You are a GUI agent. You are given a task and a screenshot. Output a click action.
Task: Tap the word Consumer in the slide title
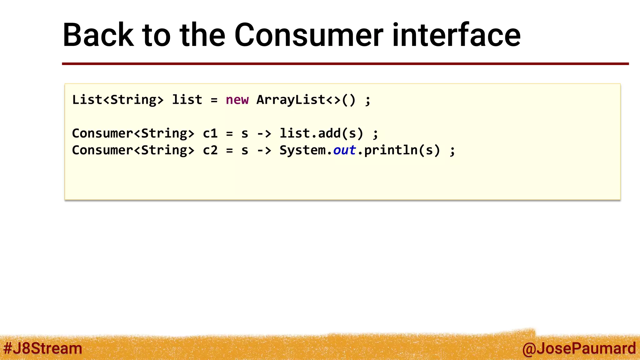pyautogui.click(x=308, y=35)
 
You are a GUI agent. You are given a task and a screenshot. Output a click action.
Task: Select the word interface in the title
pyautogui.click(x=456, y=35)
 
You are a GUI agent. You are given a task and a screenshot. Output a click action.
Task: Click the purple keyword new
pyautogui.click(x=237, y=100)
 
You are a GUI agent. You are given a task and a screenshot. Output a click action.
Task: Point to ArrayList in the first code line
pyautogui.click(x=291, y=100)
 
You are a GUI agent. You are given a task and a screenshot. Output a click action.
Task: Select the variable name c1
pyautogui.click(x=210, y=133)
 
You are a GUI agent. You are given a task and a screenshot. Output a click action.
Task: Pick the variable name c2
pyautogui.click(x=210, y=150)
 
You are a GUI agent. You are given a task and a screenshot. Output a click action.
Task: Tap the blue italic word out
pyautogui.click(x=344, y=150)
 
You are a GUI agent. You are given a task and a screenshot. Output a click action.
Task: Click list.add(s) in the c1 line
pyautogui.click(x=321, y=133)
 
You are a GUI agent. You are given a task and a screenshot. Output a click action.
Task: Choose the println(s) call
pyautogui.click(x=402, y=150)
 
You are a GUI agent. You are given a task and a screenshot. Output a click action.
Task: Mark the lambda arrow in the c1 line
pyautogui.click(x=264, y=134)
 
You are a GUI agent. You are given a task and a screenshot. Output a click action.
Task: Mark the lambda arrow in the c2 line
pyautogui.click(x=264, y=151)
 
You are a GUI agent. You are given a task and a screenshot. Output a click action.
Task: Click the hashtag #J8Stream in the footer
pyautogui.click(x=43, y=348)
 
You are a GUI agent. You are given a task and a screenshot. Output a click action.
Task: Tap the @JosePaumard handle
pyautogui.click(x=579, y=348)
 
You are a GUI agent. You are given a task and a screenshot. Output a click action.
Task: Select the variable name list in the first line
pyautogui.click(x=187, y=100)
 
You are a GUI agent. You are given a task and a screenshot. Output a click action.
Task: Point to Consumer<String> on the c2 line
pyautogui.click(x=133, y=150)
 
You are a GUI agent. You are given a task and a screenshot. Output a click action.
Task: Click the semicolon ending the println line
pyautogui.click(x=452, y=151)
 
